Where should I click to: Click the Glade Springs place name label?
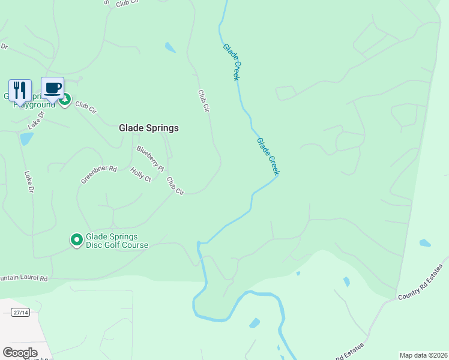point(148,128)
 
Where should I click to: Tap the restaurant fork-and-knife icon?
point(20,90)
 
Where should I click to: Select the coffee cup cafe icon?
point(52,88)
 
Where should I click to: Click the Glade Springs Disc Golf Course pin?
point(77,240)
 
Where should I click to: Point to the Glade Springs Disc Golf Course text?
point(116,240)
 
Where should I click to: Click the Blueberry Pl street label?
point(150,159)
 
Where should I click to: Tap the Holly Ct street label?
point(141,175)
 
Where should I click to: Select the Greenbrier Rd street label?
point(99,174)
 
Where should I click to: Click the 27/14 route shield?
point(20,312)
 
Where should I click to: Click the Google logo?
point(20,353)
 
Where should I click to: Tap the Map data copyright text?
point(424,355)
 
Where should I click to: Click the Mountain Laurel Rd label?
point(23,278)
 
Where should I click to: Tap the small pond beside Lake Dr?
point(26,139)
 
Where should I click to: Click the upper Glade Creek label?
point(231,62)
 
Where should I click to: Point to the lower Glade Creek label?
point(268,157)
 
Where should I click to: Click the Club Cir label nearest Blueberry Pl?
point(175,185)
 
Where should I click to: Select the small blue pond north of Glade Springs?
point(170,47)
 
